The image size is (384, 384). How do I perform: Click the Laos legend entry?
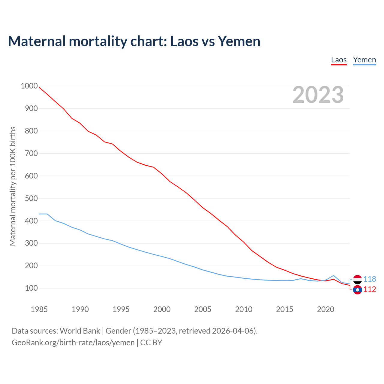coord(339,60)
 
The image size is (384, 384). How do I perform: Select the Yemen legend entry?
coord(364,60)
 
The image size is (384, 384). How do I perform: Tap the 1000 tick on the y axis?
coord(29,86)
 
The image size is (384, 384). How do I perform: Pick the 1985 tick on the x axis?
coord(39,309)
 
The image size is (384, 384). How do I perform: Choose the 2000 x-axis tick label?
coord(162,309)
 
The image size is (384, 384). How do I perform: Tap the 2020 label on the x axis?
coord(325,309)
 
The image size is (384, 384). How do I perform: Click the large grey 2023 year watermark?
coord(318,95)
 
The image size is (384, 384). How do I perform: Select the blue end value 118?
coord(370,279)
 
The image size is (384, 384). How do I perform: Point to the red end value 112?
coord(370,289)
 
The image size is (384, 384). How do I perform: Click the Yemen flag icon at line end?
coord(357,279)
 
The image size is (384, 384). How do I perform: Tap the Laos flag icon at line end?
coord(357,290)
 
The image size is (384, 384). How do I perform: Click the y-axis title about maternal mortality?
coord(13,186)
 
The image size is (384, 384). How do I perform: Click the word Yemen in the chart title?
coord(239,41)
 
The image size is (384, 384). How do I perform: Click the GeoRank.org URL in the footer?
coord(73,343)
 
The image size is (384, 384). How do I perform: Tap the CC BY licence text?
coord(151,343)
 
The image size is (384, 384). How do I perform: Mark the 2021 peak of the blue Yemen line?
coord(334,275)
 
